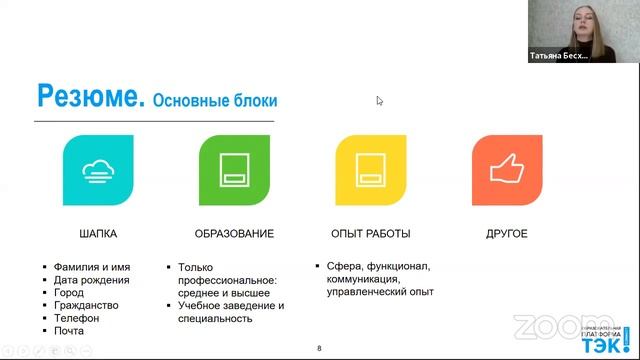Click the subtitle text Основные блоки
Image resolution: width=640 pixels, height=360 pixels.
[x=215, y=101]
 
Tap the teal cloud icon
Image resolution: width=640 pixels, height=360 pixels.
[x=98, y=170]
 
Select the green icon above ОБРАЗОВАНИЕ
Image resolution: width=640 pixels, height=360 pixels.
[x=234, y=170]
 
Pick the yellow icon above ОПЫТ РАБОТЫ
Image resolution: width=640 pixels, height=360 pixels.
[x=370, y=170]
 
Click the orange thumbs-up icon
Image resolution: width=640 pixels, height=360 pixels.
[x=506, y=170]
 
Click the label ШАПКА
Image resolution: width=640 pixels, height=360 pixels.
[x=98, y=234]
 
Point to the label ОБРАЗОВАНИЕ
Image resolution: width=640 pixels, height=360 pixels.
[x=234, y=234]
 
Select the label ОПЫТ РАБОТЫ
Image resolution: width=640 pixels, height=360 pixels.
[x=370, y=234]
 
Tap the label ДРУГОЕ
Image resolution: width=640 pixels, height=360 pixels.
[x=507, y=234]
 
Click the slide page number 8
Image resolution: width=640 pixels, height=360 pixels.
[x=319, y=348]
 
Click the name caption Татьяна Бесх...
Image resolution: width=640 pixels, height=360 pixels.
[x=558, y=57]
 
